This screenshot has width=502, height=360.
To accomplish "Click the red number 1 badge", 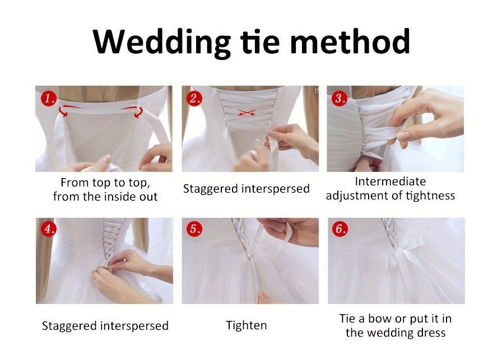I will [48, 99].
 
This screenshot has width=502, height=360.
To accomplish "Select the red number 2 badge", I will [194, 99].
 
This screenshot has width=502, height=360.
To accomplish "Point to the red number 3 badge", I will [340, 99].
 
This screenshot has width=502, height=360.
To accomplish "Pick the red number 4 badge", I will [48, 230].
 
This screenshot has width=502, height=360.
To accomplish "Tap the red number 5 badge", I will [194, 230].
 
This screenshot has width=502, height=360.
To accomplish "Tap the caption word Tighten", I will [247, 325].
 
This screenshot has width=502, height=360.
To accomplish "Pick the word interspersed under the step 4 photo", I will [134, 325].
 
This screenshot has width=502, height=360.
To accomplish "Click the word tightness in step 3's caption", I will [427, 195].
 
